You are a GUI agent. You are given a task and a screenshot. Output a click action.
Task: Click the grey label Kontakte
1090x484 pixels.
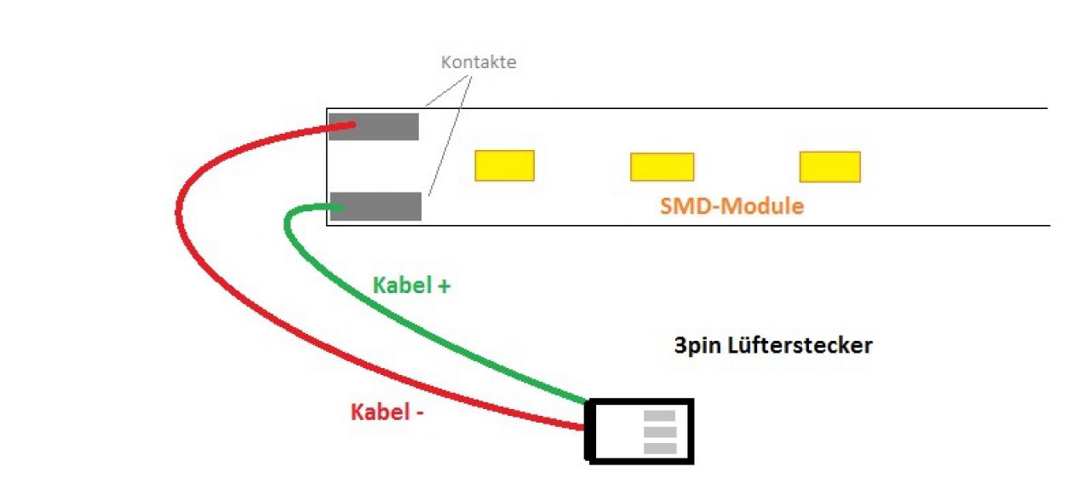479,62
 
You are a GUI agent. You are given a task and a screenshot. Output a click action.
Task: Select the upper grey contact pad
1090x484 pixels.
374,127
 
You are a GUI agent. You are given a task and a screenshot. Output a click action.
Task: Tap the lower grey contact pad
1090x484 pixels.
376,206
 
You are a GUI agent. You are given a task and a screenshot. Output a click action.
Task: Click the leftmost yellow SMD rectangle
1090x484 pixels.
505,165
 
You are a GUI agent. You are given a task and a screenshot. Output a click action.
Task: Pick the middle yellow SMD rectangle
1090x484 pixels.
663,167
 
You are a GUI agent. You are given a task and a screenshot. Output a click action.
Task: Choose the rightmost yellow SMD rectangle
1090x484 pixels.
830,167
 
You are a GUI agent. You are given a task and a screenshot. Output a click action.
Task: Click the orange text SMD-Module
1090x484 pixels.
731,206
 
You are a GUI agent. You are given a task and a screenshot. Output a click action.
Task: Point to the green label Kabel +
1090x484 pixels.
411,285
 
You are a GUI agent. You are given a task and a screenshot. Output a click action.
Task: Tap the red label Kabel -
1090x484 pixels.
387,412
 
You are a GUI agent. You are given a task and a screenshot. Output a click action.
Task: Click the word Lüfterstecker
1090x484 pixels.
800,345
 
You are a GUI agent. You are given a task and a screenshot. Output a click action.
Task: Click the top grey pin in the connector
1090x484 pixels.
659,415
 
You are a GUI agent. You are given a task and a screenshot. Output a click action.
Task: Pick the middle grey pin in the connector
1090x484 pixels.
660,432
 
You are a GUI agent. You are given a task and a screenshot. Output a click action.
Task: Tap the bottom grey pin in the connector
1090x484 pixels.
660,448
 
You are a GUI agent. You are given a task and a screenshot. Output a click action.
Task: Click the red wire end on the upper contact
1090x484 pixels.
352,125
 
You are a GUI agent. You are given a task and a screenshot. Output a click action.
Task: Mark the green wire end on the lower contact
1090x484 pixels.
340,207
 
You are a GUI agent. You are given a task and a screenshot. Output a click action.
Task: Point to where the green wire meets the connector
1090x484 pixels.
587,401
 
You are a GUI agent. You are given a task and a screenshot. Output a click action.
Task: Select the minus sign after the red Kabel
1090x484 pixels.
420,414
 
